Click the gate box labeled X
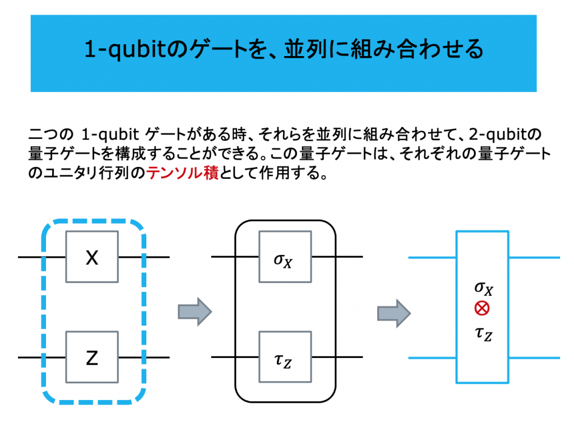coord(92,257)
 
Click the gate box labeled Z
coord(92,357)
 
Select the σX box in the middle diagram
coord(285,257)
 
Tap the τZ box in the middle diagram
coord(285,357)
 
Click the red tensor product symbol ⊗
coord(482,308)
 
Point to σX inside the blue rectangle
coord(484,288)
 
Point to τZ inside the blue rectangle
coord(484,333)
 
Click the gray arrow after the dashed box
coord(195,312)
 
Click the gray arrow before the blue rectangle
coord(394,313)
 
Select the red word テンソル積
coord(183,173)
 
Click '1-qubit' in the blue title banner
coord(126,49)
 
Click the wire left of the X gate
coord(41,257)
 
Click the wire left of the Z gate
coord(41,357)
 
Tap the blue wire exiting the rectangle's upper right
coord(534,258)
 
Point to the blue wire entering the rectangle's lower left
coord(432,357)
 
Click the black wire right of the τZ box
coord(337,357)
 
